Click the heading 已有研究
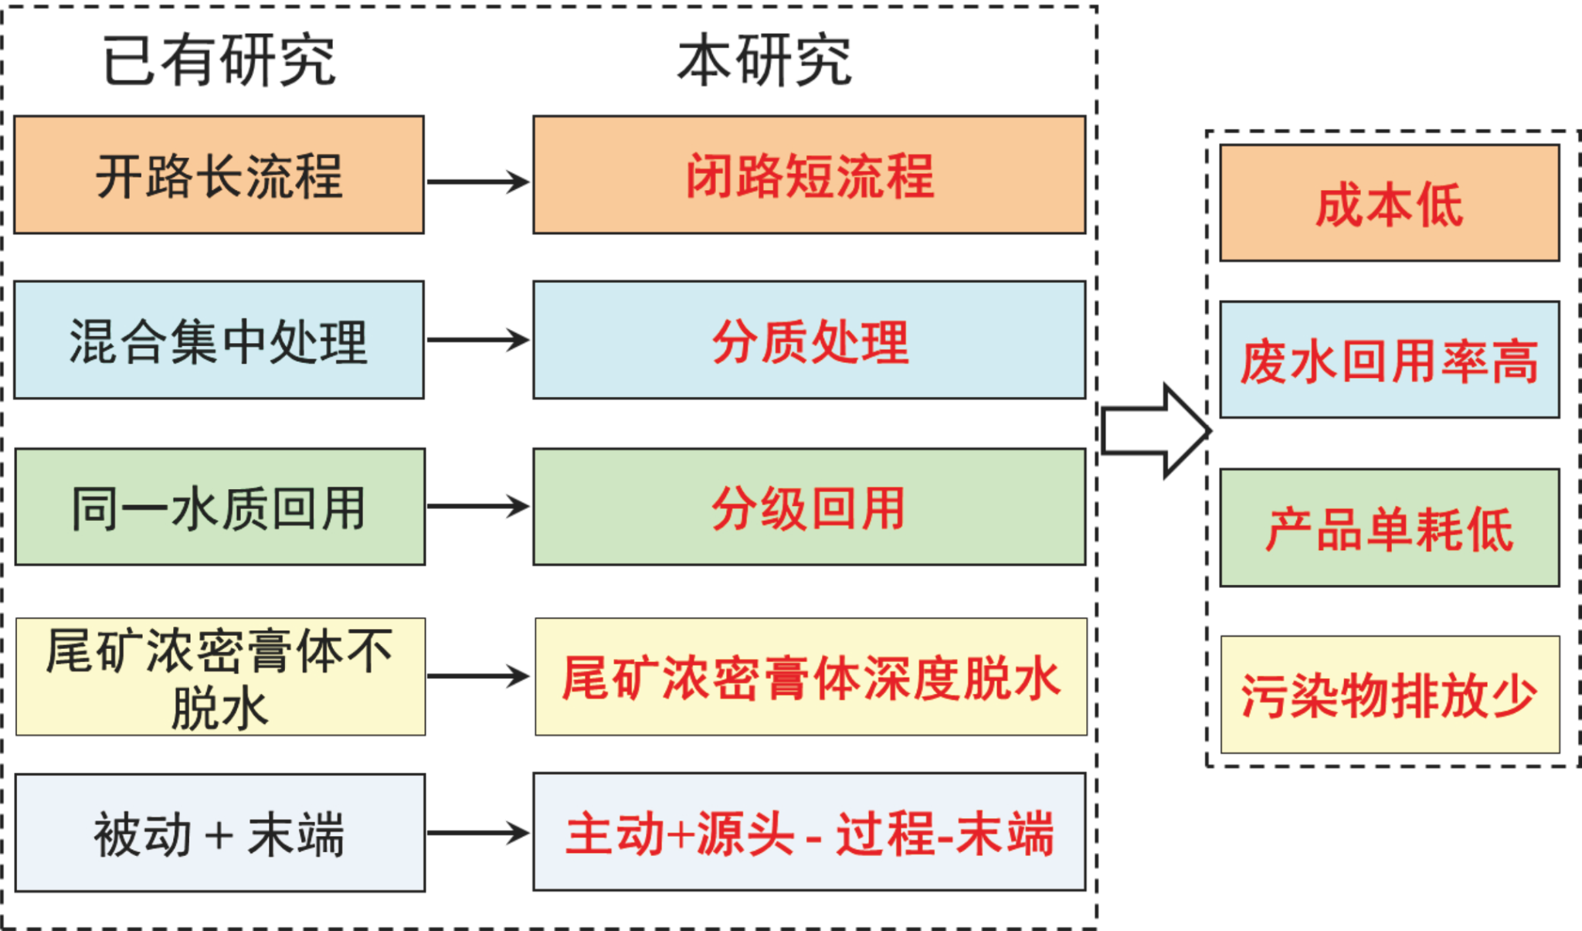coord(219,60)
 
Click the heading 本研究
coord(764,60)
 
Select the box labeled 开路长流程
coord(219,175)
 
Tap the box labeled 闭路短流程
coord(810,175)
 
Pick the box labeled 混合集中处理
coord(219,340)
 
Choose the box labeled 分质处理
coord(810,340)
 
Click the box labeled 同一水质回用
coord(220,507)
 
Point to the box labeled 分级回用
coord(810,507)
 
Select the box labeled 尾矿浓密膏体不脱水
coord(221,677)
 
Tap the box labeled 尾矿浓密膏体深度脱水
coord(811,677)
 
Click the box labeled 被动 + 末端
coord(220,833)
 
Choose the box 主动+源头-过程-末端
coord(810,832)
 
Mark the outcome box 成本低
coord(1390,203)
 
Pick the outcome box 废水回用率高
coord(1390,360)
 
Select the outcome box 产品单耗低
coord(1390,528)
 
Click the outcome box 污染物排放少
coord(1390,695)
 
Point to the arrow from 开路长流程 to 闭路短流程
coord(478,182)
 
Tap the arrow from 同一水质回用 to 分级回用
coord(478,507)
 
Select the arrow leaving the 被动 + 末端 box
coord(478,833)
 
